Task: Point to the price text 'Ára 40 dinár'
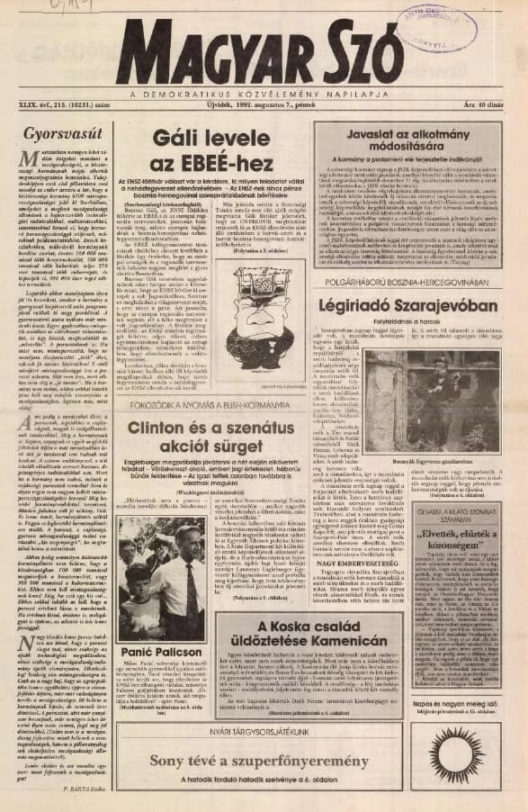click(x=483, y=106)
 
